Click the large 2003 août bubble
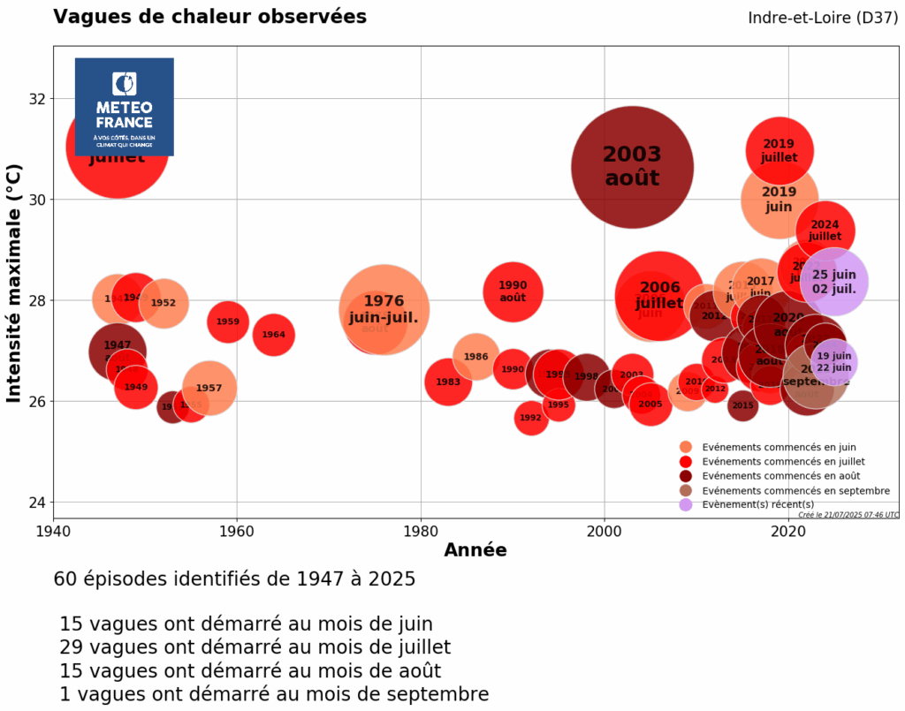632,166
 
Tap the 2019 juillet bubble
779,150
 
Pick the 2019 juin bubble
779,200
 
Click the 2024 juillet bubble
825,231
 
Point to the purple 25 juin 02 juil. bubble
833,281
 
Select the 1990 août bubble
513,291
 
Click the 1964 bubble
274,335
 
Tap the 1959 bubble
228,321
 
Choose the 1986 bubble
475,357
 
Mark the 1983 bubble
448,382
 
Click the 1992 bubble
530,418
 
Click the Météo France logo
124,106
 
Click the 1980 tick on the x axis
421,533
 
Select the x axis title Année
475,551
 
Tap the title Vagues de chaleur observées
209,17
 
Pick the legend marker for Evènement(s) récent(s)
685,504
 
